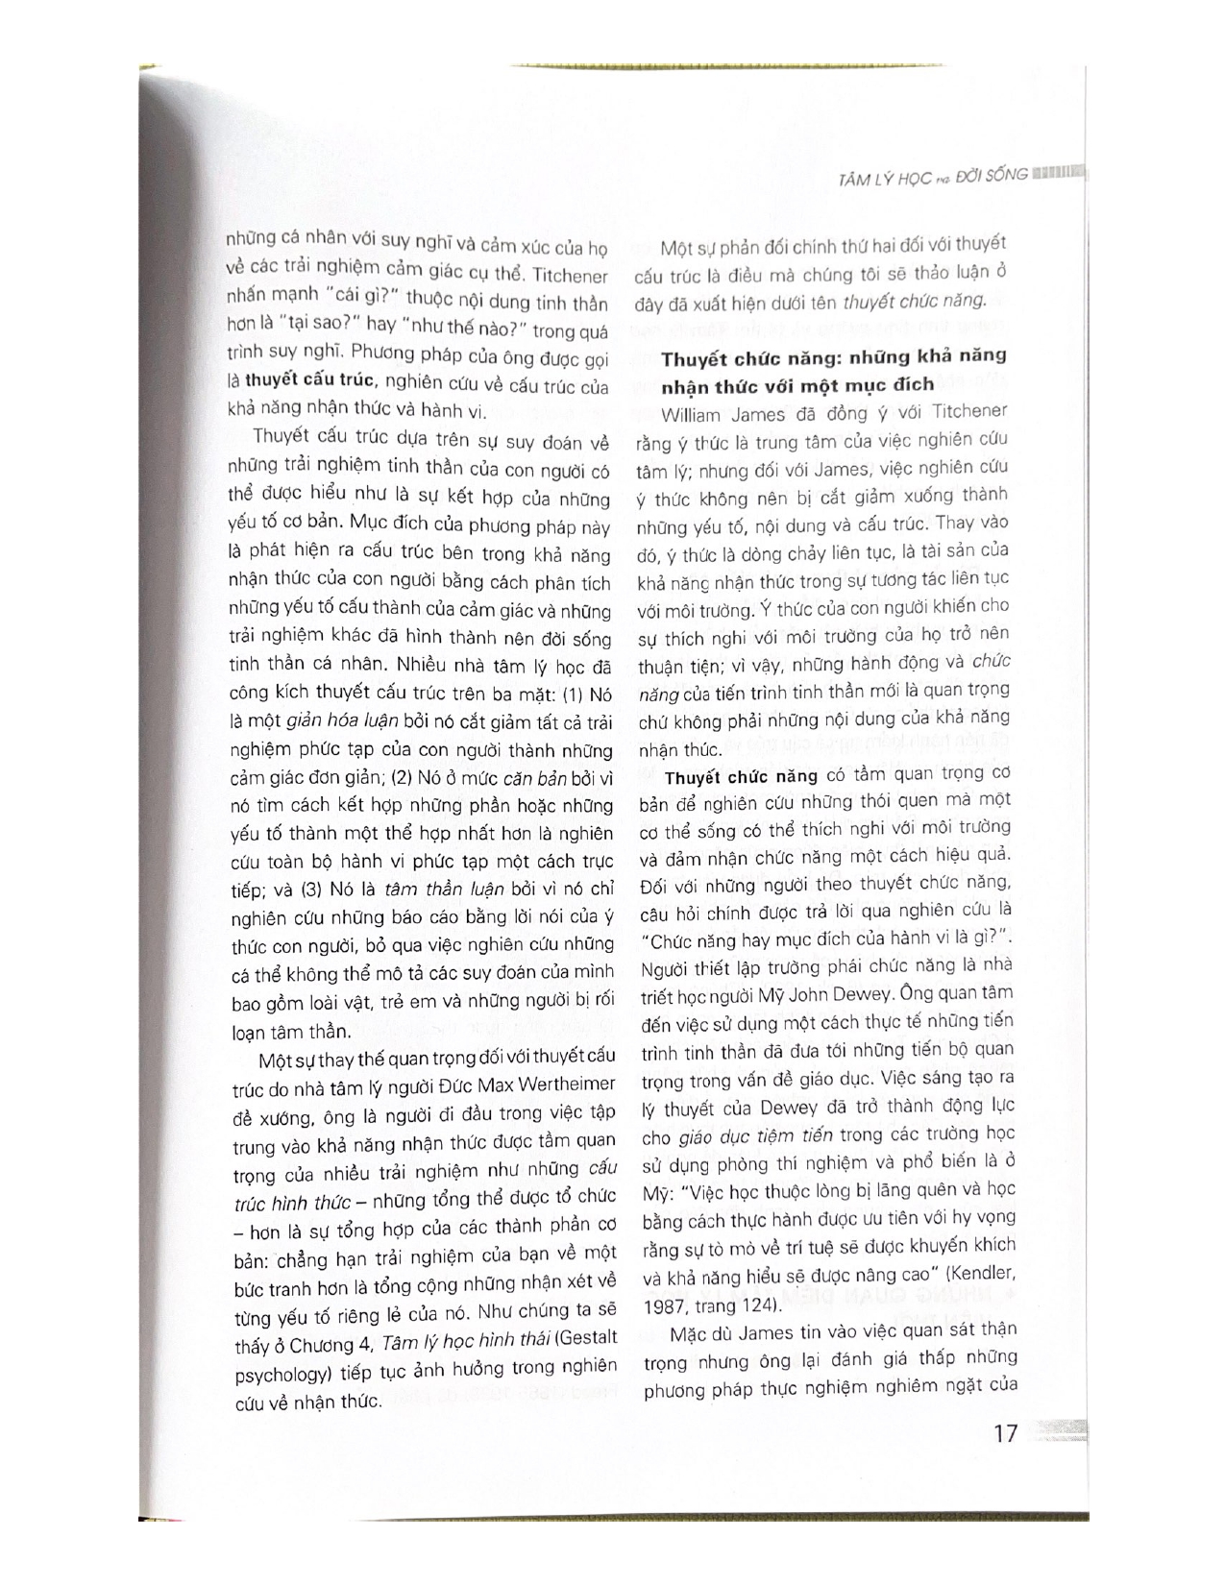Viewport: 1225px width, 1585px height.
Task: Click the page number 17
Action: (1004, 1435)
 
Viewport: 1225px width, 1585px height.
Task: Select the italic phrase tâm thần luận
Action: (425, 890)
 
